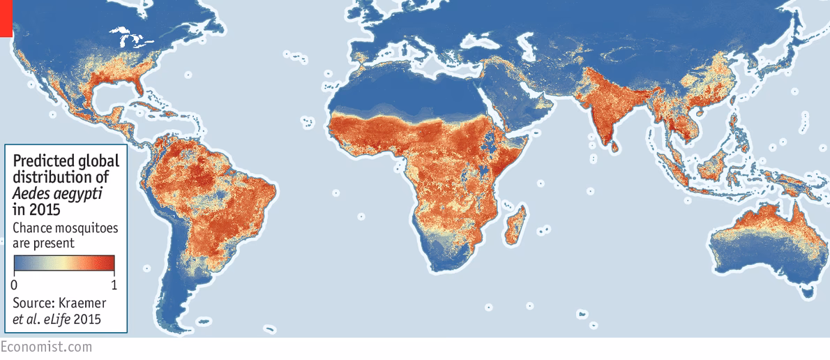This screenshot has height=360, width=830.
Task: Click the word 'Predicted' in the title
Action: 44,161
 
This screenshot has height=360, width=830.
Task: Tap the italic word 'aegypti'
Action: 73,193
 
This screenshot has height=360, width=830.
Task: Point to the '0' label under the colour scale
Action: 15,285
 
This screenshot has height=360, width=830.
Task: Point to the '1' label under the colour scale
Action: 114,285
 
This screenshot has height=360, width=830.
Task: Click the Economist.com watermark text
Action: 46,346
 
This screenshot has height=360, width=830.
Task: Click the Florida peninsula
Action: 141,87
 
